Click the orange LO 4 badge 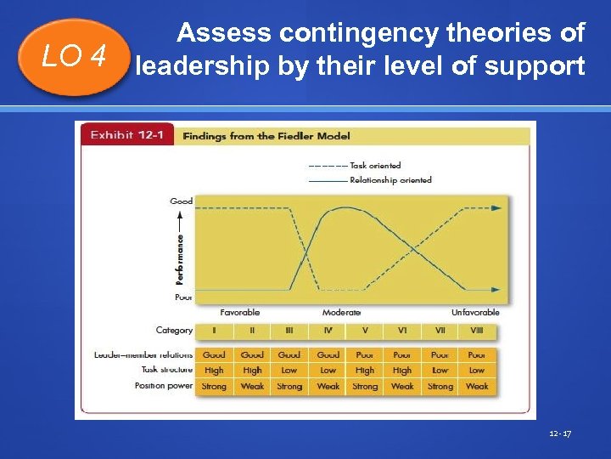(76, 57)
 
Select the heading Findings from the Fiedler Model (266, 136)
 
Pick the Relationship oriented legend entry (390, 180)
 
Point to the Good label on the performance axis (181, 201)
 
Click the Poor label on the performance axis (182, 297)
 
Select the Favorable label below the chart (240, 313)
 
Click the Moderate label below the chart (341, 313)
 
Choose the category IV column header (328, 331)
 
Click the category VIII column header (476, 331)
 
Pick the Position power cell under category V (365, 387)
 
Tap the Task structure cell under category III (289, 371)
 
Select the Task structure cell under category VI (402, 371)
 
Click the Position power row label (163, 386)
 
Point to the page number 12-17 (561, 434)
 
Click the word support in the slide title (537, 65)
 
